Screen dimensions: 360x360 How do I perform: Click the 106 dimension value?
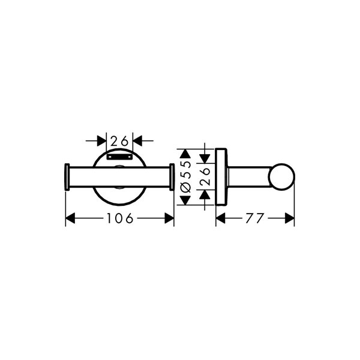click(120, 218)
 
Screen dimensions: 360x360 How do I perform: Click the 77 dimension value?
click(255, 218)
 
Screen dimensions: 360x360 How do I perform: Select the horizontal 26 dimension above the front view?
click(119, 141)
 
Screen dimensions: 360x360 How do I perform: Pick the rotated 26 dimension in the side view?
click(205, 176)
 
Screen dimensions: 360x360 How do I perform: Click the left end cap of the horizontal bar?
click(67, 177)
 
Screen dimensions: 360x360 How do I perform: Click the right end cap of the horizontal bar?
click(172, 177)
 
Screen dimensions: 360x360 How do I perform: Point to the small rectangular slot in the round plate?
click(119, 157)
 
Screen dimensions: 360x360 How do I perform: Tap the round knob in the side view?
click(281, 177)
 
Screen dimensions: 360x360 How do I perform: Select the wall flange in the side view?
click(221, 177)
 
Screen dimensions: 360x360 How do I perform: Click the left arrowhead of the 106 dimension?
click(70, 218)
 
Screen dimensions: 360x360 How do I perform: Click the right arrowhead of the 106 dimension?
click(169, 218)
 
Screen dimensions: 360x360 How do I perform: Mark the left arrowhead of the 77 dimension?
click(221, 218)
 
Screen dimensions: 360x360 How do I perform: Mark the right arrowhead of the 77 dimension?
click(290, 218)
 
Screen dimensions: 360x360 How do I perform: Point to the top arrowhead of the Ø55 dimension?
click(185, 154)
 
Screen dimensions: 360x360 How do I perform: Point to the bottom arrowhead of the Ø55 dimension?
click(185, 200)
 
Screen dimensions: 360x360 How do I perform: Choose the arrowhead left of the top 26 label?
click(102, 141)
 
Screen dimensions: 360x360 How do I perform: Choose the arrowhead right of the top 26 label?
click(137, 141)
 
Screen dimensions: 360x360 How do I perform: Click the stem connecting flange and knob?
click(249, 177)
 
